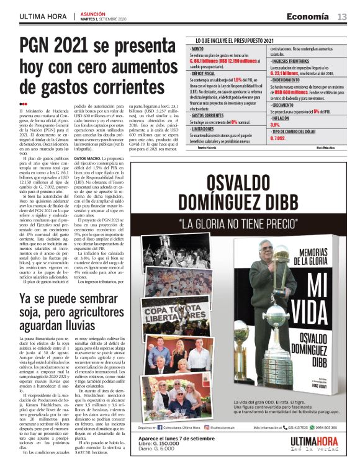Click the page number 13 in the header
click(x=342, y=16)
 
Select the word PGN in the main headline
click(x=41, y=46)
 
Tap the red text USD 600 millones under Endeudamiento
click(x=295, y=91)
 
